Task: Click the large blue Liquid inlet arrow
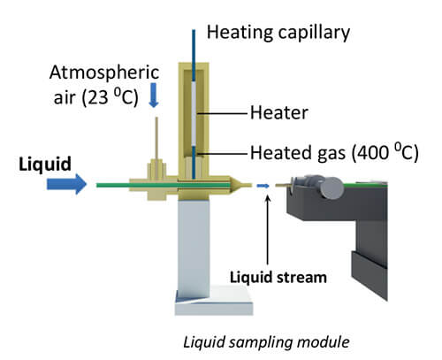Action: click(x=67, y=184)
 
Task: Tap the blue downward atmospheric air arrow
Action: click(x=154, y=95)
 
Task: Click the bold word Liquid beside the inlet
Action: click(x=45, y=164)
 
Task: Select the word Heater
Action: click(x=278, y=113)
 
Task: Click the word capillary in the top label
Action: click(x=314, y=33)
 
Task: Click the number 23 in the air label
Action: click(x=97, y=97)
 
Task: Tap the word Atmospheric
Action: click(x=104, y=73)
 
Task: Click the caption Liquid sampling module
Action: click(x=266, y=342)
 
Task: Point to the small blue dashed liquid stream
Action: click(x=263, y=186)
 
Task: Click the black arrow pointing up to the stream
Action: click(x=268, y=230)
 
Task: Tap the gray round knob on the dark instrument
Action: click(x=332, y=188)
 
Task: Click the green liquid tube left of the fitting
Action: click(x=113, y=186)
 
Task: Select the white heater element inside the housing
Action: click(x=194, y=114)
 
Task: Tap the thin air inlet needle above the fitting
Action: click(x=156, y=138)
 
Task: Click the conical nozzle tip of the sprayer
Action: click(x=241, y=186)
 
